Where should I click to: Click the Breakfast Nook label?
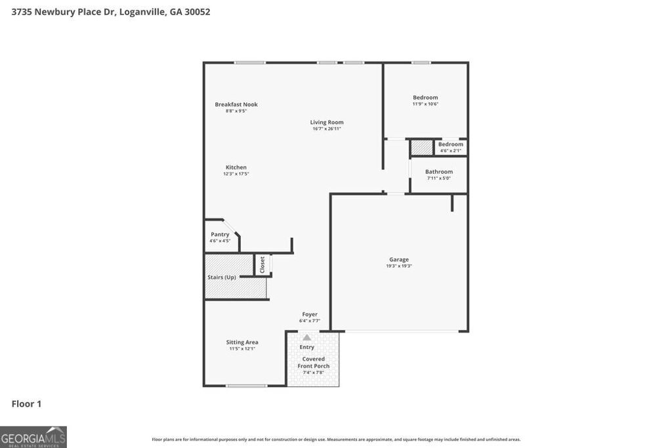point(236,104)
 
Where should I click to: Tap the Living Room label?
point(327,122)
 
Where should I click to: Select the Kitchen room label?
point(236,167)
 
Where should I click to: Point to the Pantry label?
point(220,234)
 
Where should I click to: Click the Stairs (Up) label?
point(222,277)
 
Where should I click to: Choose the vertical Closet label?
point(262,264)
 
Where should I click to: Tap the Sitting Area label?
point(242,342)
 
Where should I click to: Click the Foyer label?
point(310,314)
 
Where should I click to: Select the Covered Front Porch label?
point(314,362)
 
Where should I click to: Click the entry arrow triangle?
point(306,338)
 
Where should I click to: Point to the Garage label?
point(399,259)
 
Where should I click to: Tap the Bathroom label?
point(439,172)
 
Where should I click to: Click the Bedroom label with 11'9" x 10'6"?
point(425,97)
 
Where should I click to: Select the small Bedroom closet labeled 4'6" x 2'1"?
point(451,144)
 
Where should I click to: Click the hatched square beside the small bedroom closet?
point(422,148)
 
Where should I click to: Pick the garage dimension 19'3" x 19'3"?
point(399,266)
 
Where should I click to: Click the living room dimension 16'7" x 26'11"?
point(327,129)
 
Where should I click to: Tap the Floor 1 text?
point(26,403)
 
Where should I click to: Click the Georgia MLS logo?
point(33,437)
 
